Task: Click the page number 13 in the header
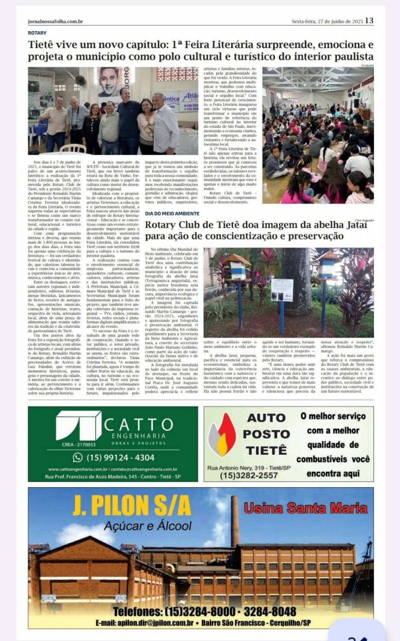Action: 369,21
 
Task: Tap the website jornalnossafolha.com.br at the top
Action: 55,21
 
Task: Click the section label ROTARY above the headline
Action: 37,33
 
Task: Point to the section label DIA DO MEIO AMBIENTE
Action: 172,213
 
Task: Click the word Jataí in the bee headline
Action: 354,225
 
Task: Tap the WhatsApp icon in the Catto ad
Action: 78,457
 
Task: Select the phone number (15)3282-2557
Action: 249,475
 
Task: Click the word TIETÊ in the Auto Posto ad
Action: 266,450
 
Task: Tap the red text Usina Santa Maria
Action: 306,508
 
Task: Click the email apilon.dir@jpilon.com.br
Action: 145,623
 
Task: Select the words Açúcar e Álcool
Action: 148,526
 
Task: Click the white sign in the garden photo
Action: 282,288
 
